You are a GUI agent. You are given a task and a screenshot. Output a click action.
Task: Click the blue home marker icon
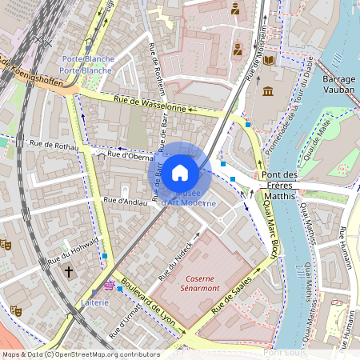[x=180, y=172]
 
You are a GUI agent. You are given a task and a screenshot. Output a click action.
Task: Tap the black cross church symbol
[x=69, y=272]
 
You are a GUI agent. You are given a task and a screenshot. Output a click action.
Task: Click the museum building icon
[x=268, y=90]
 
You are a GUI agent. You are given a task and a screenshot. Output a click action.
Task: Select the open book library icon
[x=269, y=60]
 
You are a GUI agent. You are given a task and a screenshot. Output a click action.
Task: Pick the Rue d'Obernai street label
[x=130, y=156]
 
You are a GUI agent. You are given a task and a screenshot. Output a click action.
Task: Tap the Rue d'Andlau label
[x=126, y=202]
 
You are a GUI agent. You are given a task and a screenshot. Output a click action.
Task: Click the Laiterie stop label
[x=94, y=302]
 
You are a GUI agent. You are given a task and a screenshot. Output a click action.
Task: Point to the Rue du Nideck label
[x=176, y=260]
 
